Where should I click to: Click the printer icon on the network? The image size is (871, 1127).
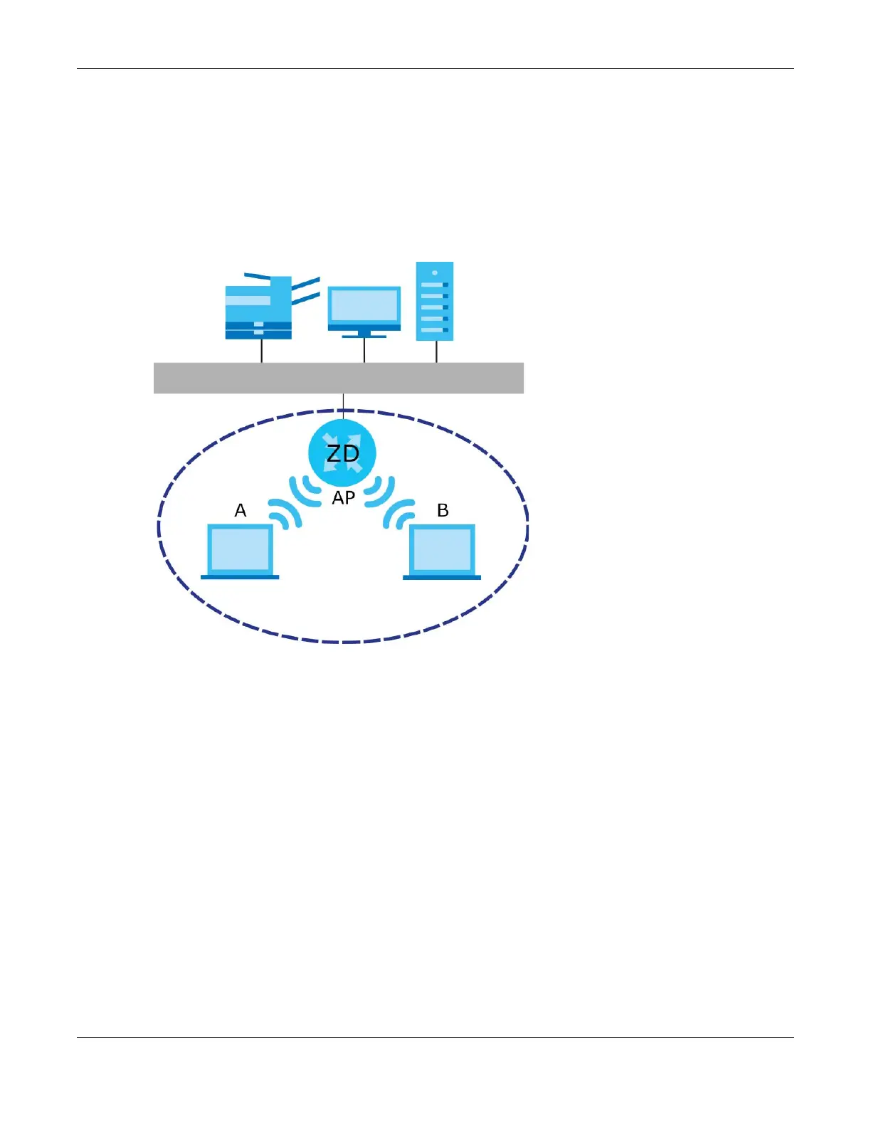click(x=258, y=308)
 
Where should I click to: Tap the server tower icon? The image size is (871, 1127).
click(x=434, y=302)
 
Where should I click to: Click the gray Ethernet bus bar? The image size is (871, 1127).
click(x=339, y=378)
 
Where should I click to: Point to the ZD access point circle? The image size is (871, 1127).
click(x=342, y=453)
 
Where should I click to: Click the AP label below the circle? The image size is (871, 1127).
click(x=343, y=498)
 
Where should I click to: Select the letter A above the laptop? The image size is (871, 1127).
click(x=241, y=510)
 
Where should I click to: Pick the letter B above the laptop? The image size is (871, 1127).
click(x=443, y=510)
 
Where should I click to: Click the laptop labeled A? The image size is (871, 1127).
click(x=240, y=549)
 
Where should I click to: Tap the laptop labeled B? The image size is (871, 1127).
click(x=442, y=549)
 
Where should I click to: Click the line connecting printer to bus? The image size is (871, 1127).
click(x=262, y=351)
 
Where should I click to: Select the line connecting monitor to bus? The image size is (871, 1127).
click(x=364, y=350)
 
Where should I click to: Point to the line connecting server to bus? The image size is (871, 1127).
click(x=436, y=351)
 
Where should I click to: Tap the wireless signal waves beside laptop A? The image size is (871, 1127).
click(x=285, y=514)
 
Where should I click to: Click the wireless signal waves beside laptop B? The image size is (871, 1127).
click(x=399, y=514)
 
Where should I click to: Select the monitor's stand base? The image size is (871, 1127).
click(x=364, y=336)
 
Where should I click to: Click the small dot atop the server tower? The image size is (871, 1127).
click(x=434, y=273)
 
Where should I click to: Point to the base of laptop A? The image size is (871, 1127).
click(x=240, y=577)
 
